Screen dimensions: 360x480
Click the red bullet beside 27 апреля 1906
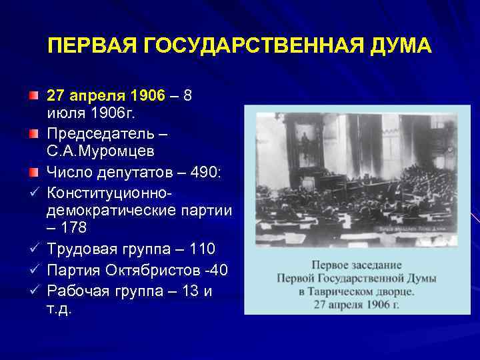(x=33, y=96)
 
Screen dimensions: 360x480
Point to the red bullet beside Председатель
(x=33, y=135)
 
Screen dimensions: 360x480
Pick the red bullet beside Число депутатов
(x=33, y=173)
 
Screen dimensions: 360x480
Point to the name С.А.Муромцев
(x=101, y=153)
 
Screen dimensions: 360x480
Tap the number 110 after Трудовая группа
(x=202, y=250)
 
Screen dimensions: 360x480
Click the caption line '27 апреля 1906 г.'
(x=347, y=305)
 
